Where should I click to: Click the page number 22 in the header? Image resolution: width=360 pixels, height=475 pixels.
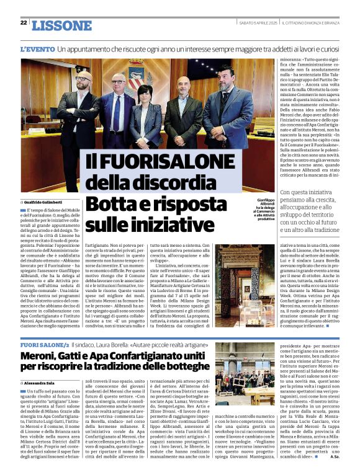click(23, 22)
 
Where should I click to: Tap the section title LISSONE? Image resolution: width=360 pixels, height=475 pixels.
click(61, 25)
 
